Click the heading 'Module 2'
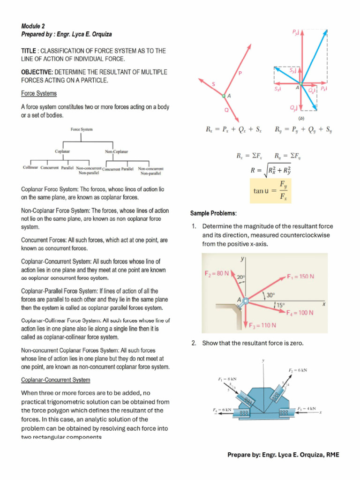tap(33, 26)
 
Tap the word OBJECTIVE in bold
tap(37, 72)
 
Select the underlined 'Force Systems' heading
tap(39, 93)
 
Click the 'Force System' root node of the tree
tap(82, 129)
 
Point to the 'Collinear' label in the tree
tap(31, 167)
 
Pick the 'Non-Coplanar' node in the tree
tap(117, 151)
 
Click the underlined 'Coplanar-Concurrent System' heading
tap(56, 380)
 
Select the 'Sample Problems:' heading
tap(213, 213)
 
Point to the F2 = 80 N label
tap(217, 273)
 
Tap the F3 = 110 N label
tap(262, 325)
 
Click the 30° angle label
tap(270, 295)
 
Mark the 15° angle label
tap(279, 305)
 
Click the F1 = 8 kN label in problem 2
tap(227, 379)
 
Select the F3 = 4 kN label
tap(307, 409)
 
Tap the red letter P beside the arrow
tap(240, 73)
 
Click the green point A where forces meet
tap(225, 96)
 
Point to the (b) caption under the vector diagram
tap(301, 118)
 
